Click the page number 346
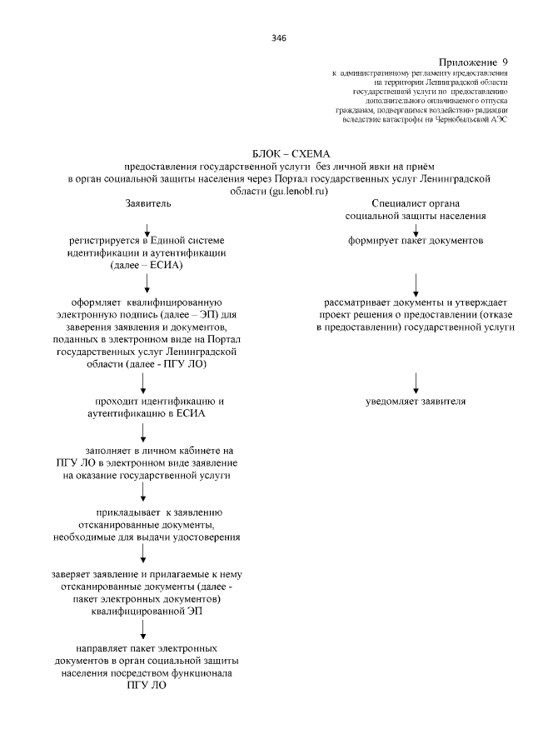coord(278,37)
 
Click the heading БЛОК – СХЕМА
coord(291,153)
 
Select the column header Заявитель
coord(148,202)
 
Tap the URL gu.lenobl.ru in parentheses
coord(298,191)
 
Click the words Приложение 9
coord(472,62)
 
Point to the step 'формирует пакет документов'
coord(416,240)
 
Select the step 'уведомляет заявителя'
coord(416,402)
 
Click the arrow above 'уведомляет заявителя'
coord(416,382)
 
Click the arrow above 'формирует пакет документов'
coord(416,227)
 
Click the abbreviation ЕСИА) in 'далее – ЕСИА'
coord(166,265)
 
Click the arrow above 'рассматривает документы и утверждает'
coord(416,284)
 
